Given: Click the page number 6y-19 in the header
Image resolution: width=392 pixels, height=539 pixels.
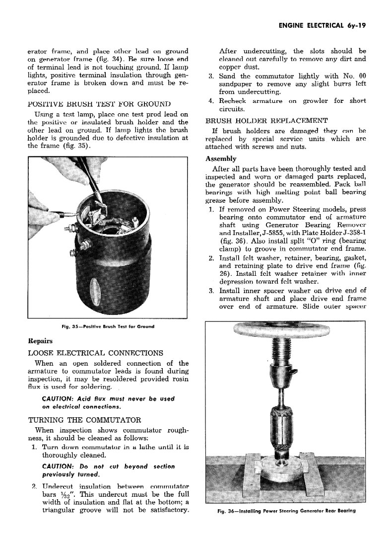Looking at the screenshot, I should (x=353, y=26).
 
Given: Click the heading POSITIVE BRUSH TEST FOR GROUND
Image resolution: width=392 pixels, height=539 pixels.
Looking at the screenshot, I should (x=99, y=104).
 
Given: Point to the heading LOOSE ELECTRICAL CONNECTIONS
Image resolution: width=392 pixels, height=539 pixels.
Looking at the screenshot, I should (x=95, y=353).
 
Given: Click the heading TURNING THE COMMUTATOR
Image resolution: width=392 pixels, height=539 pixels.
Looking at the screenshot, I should (x=84, y=419).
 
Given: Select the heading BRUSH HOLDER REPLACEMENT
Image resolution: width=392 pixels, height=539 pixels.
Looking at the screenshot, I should (x=266, y=121).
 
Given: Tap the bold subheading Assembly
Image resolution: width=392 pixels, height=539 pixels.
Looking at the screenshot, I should (x=221, y=159).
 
